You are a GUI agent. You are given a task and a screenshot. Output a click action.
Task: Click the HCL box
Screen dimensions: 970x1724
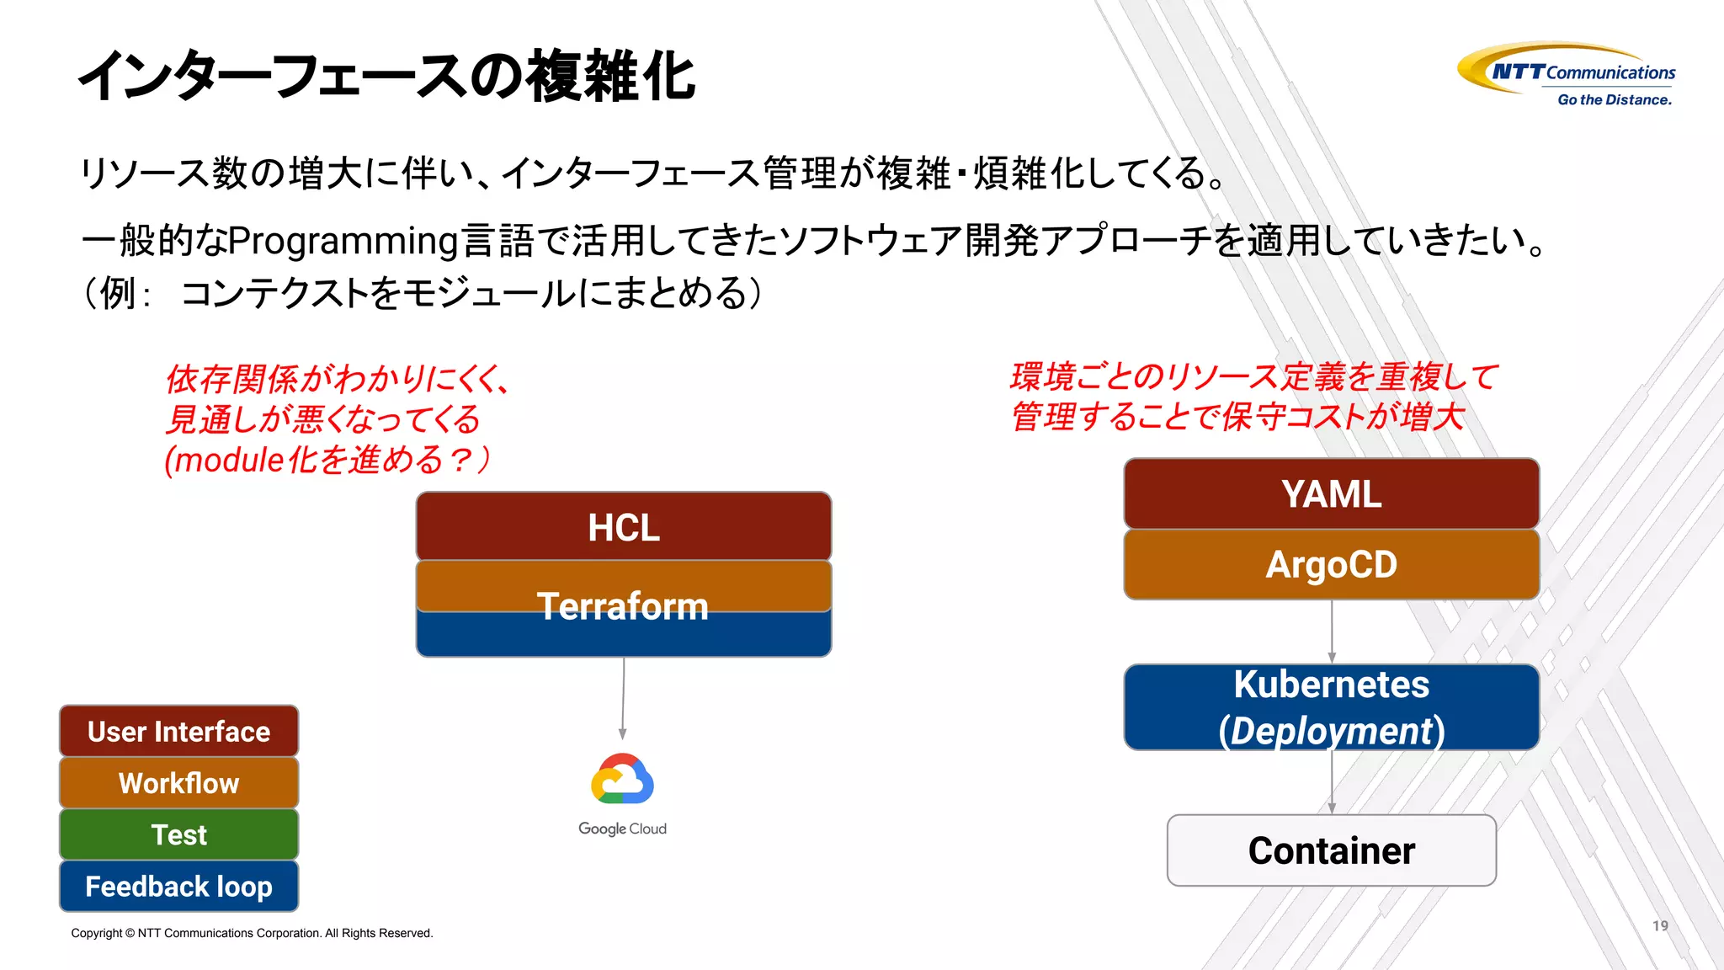(x=623, y=527)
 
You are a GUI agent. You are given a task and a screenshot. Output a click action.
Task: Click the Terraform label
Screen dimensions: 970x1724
(x=623, y=606)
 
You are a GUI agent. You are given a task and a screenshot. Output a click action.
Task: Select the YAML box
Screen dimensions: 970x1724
(x=1331, y=494)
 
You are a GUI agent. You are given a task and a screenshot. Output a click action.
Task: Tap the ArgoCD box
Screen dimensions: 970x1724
(x=1331, y=564)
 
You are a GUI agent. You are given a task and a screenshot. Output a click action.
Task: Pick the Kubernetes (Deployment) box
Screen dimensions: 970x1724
(x=1331, y=707)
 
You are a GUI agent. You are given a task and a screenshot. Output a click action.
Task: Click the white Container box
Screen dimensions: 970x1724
(x=1331, y=850)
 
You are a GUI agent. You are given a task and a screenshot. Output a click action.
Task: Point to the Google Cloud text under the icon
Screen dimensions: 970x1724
(x=622, y=829)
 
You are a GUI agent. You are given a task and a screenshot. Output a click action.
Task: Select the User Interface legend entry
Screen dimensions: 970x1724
(x=178, y=731)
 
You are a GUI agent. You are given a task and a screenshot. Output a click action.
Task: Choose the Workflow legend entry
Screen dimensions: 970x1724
(x=178, y=783)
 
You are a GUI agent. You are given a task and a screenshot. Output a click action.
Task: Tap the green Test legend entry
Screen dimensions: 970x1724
(x=178, y=834)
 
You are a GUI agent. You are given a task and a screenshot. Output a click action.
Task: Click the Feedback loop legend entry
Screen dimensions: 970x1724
(x=178, y=886)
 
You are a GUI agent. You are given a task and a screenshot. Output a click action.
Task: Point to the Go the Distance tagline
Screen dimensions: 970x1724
(x=1614, y=99)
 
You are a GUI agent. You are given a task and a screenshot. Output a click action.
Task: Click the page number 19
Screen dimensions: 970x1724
(x=1659, y=925)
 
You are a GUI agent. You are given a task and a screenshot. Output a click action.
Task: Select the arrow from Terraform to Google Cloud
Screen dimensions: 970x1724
(x=623, y=699)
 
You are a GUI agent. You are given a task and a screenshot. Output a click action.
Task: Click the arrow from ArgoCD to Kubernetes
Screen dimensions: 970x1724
(x=1332, y=632)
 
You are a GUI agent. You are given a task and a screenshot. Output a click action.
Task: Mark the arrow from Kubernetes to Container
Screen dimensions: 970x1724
(x=1332, y=781)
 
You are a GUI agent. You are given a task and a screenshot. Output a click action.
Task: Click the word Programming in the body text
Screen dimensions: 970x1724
(x=343, y=241)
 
